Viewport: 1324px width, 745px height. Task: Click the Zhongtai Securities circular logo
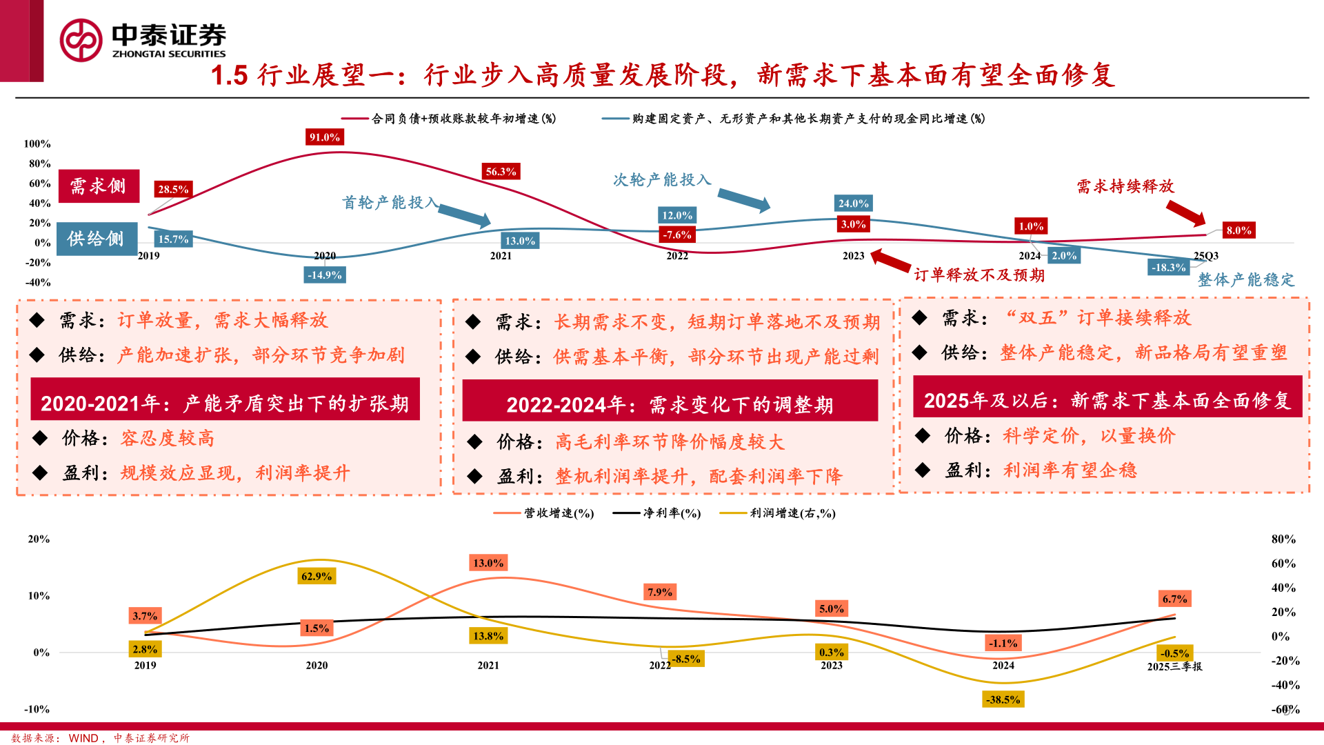81,40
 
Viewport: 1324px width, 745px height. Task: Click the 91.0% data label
324,137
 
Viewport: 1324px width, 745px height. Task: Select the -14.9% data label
324,275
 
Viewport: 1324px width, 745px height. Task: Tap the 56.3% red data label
501,172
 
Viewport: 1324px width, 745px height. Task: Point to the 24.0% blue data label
853,203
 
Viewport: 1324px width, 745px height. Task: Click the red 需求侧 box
99,186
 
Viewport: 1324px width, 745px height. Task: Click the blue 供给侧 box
97,239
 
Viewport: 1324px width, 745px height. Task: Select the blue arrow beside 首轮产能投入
464,216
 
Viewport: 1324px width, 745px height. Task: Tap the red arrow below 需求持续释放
1185,212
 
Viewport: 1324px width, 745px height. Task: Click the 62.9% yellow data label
317,576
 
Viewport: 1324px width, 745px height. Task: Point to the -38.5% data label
1003,699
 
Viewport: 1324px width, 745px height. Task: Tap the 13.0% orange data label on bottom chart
488,563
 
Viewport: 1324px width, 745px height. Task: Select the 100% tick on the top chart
37,143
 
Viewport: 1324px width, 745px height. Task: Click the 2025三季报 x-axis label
1174,666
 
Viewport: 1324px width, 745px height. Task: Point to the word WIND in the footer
83,738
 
